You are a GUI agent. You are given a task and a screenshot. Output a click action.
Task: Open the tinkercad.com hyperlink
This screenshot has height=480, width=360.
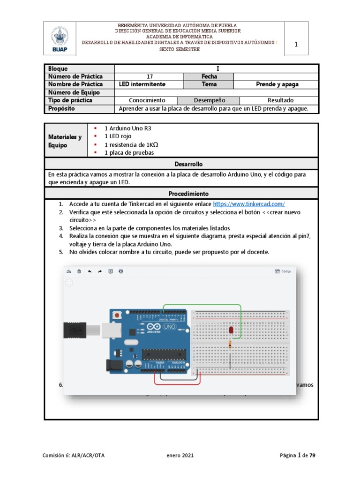(249, 204)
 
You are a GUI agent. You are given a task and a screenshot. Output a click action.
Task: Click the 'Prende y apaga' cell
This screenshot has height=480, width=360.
(277, 84)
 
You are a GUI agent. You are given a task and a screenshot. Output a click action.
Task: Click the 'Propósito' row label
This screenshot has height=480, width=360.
(61, 108)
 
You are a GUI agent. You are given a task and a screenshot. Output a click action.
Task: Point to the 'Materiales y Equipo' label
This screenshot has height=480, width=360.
(65, 141)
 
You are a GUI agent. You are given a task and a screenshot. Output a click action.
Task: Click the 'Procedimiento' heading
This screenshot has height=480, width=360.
(181, 194)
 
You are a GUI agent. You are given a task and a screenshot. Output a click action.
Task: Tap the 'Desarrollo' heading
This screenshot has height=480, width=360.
(181, 165)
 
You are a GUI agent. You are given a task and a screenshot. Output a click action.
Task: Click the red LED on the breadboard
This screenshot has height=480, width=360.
(231, 331)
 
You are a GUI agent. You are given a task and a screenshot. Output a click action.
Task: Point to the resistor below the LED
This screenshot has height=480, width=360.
(230, 345)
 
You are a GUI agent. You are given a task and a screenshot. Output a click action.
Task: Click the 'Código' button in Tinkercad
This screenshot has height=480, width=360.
(283, 271)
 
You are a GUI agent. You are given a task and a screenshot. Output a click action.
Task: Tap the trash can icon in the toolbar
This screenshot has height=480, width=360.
(79, 271)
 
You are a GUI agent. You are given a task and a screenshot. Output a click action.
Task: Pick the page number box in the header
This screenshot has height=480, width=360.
(296, 45)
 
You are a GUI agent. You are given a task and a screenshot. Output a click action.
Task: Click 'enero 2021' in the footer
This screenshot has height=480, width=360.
(180, 455)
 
